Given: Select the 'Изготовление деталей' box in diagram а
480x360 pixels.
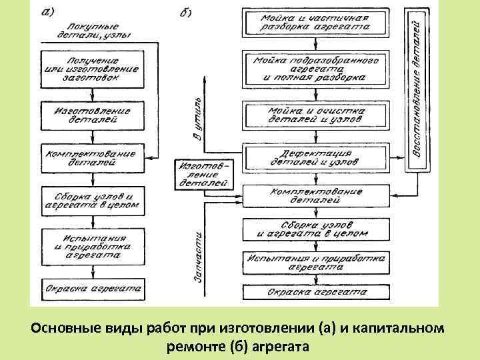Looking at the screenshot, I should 94,114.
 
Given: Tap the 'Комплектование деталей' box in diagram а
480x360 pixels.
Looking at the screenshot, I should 94,158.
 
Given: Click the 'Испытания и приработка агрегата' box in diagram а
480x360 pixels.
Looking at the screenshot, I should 94,244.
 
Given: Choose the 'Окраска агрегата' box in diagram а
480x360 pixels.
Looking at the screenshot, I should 94,288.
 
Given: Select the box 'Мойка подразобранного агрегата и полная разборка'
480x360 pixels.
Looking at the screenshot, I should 316,69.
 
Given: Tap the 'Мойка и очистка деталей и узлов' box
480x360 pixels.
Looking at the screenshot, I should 316,114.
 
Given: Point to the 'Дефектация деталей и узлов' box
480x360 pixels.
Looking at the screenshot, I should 316,158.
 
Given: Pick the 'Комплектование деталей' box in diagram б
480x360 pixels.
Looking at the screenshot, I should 316,195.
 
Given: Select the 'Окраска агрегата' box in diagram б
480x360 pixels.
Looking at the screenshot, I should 316,292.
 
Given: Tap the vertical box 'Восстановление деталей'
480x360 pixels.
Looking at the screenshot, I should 417,89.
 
